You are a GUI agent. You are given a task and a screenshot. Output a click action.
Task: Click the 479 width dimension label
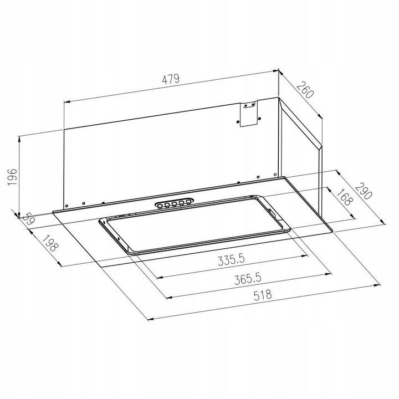(170, 79)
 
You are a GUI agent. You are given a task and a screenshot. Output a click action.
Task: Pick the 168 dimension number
(344, 198)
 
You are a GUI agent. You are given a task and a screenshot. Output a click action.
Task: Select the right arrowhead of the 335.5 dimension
(305, 256)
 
